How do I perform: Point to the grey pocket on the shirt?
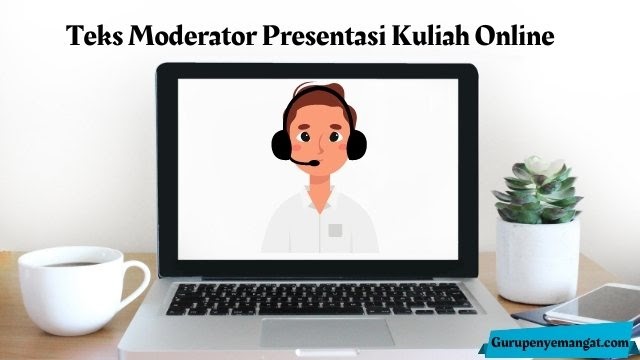tap(336, 229)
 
